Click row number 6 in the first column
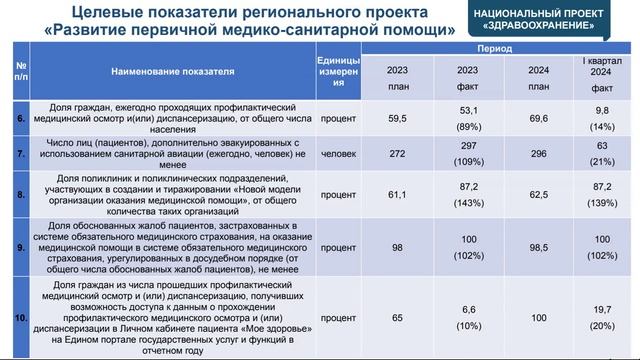click(20, 117)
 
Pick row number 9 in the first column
click(20, 246)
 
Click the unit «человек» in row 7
click(338, 155)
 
